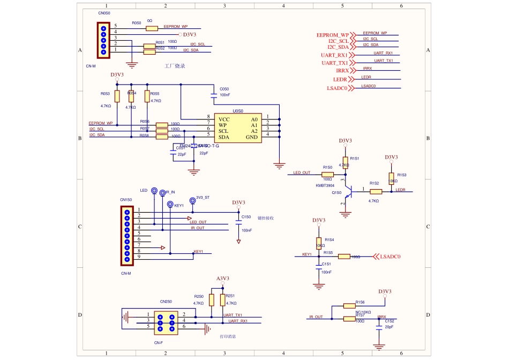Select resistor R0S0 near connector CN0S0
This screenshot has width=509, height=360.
pyautogui.click(x=152, y=28)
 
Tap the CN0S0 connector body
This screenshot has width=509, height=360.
pyautogui.click(x=103, y=40)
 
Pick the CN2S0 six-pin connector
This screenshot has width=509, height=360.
pyautogui.click(x=166, y=320)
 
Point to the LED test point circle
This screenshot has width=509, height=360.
pyautogui.click(x=154, y=191)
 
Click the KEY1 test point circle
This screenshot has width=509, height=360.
pyautogui.click(x=170, y=205)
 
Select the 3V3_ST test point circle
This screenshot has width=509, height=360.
pyautogui.click(x=192, y=198)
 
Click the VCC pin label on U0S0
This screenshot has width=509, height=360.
pyautogui.click(x=224, y=119)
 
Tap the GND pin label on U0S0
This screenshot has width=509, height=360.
pyautogui.click(x=252, y=137)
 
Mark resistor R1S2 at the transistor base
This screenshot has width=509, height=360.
pyautogui.click(x=376, y=191)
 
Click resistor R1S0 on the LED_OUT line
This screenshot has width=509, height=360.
pyautogui.click(x=328, y=175)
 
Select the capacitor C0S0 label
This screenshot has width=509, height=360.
pyautogui.click(x=224, y=88)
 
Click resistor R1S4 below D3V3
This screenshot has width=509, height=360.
pyautogui.click(x=319, y=243)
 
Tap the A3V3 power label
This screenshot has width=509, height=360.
pyautogui.click(x=223, y=279)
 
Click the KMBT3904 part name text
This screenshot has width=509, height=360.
pyautogui.click(x=325, y=185)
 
